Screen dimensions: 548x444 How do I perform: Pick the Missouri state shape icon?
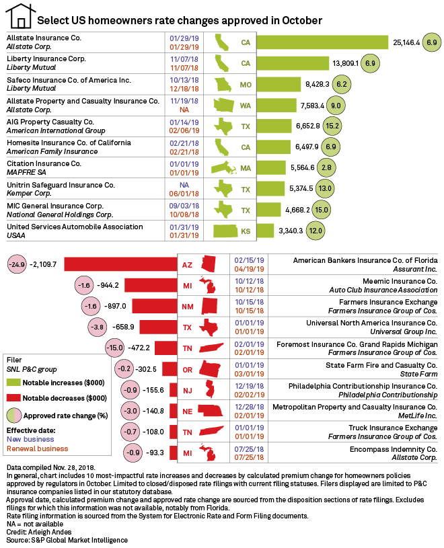tap(223, 85)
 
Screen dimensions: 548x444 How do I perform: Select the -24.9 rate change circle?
tap(17, 264)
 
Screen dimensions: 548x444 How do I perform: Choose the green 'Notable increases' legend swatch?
tap(13, 382)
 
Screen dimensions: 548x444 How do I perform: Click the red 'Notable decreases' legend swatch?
tap(13, 398)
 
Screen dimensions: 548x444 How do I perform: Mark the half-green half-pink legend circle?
tap(13, 415)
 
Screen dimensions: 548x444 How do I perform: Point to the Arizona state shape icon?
tap(209, 264)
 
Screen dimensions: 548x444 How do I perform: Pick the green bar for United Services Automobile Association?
tap(265, 231)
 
